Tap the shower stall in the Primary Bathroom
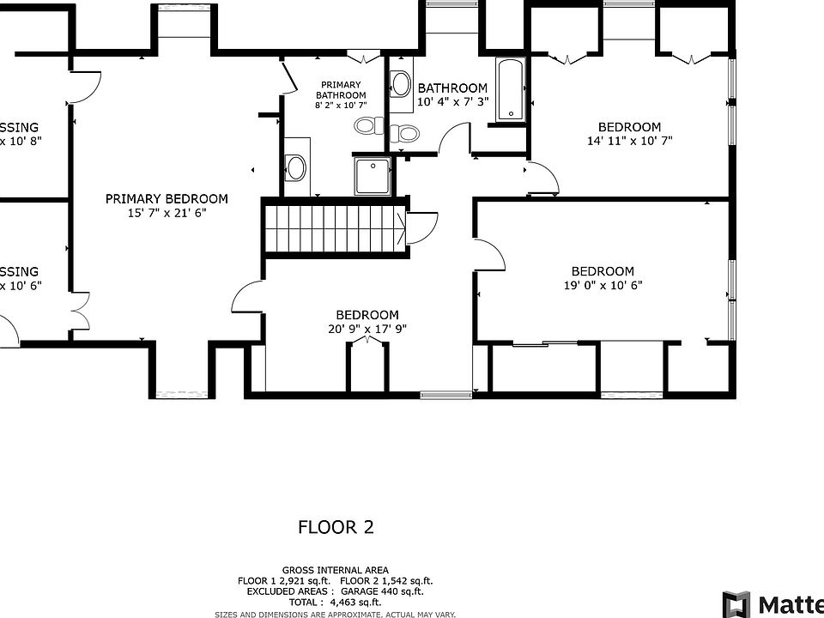click(x=372, y=175)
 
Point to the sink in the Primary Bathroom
click(x=296, y=167)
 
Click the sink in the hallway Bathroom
click(x=400, y=83)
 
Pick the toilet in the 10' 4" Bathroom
click(x=404, y=133)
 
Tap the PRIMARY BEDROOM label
click(x=167, y=198)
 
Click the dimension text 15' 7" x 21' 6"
click(x=167, y=213)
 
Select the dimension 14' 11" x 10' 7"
click(x=629, y=140)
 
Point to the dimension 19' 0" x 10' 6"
click(x=603, y=285)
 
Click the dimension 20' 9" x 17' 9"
click(x=367, y=328)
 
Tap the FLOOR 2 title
click(x=336, y=527)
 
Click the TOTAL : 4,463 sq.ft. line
click(x=335, y=602)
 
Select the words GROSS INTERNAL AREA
click(x=335, y=570)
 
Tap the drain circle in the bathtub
click(x=511, y=112)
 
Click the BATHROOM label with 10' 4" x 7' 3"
click(x=452, y=88)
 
